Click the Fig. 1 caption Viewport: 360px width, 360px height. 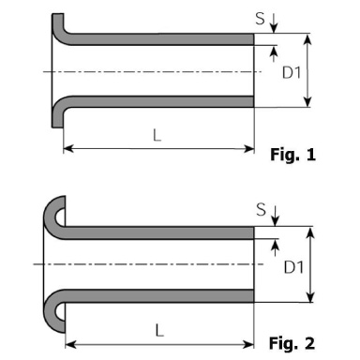tap(292, 155)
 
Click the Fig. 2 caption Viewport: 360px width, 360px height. tap(292, 343)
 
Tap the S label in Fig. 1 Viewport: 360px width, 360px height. tap(260, 19)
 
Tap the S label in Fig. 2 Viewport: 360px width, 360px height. tap(262, 209)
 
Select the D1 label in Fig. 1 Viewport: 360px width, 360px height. tap(292, 73)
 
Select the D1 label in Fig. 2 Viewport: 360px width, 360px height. tap(293, 267)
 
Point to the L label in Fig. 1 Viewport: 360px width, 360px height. tap(157, 135)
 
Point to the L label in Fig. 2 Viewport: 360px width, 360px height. tap(159, 330)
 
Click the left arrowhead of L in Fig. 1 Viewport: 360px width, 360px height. tap(67, 149)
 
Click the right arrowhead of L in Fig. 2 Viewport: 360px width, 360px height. tap(249, 345)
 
